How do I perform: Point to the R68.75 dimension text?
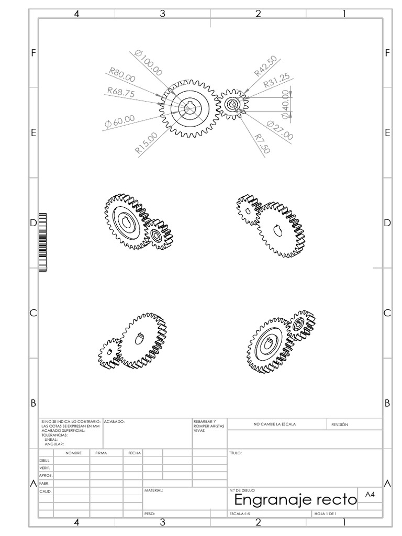click(x=121, y=92)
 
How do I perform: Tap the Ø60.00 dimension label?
click(x=119, y=121)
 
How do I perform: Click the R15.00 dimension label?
click(x=146, y=143)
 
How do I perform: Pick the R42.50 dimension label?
click(x=266, y=66)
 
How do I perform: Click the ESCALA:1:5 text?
click(x=240, y=514)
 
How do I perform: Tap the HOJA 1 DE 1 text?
click(x=325, y=514)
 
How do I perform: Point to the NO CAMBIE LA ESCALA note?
click(x=275, y=425)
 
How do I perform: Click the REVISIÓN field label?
click(x=340, y=425)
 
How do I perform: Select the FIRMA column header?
click(x=100, y=453)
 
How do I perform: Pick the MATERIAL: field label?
click(x=154, y=490)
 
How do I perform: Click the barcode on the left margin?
click(x=43, y=241)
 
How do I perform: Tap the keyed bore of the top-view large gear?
click(x=189, y=108)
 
